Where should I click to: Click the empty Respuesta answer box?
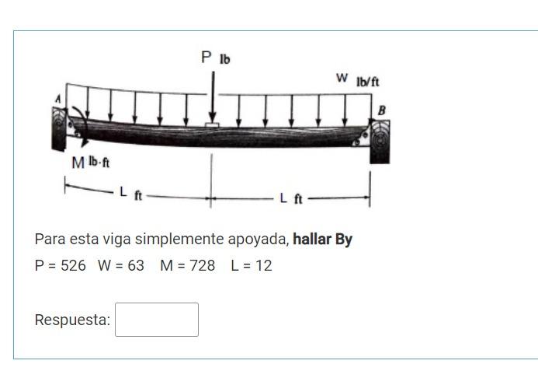(157, 320)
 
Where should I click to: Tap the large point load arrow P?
(213, 96)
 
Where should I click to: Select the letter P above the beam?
(207, 57)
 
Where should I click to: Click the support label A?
(58, 99)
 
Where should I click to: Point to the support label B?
(381, 110)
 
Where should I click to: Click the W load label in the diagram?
(342, 78)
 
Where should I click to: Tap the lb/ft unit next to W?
(368, 82)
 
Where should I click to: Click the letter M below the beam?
(78, 163)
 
